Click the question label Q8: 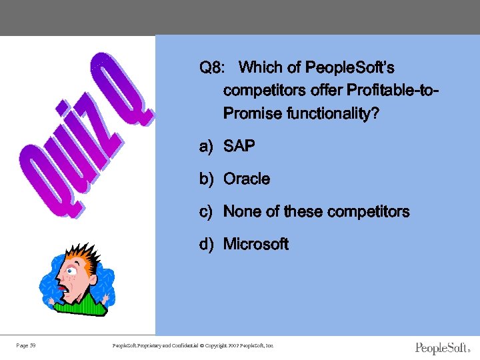[214, 68]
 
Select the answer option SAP [239, 146]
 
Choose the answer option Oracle [247, 179]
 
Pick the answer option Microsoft [256, 244]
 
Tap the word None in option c [242, 211]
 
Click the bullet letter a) [206, 146]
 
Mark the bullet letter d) [206, 244]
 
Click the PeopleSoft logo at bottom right [442, 348]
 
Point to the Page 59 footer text [26, 345]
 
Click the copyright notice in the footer [193, 345]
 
